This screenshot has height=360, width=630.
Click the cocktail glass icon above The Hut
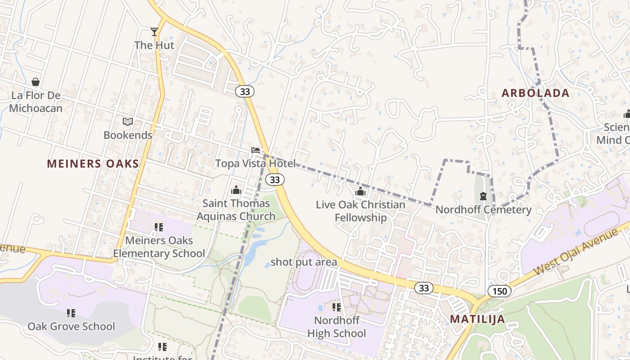click(154, 31)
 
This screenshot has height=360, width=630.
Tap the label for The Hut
click(154, 45)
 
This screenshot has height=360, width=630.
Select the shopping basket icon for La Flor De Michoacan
click(36, 82)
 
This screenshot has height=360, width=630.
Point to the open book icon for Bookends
click(128, 121)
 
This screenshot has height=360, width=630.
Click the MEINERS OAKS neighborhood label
click(93, 164)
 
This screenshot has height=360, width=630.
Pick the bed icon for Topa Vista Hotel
click(256, 150)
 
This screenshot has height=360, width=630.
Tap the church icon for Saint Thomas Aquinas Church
click(236, 190)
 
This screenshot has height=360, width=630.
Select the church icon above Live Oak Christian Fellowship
click(360, 192)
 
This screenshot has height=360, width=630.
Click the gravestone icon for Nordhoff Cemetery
click(483, 196)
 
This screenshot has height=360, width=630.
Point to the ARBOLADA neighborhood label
click(535, 93)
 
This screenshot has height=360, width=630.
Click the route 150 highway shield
click(499, 291)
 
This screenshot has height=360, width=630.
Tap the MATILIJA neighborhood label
click(477, 319)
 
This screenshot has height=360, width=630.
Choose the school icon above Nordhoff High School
click(336, 307)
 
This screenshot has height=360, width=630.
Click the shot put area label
click(304, 262)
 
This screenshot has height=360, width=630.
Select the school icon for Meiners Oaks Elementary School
click(158, 227)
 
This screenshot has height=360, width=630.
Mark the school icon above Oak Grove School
click(71, 313)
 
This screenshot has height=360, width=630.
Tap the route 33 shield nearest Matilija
click(423, 288)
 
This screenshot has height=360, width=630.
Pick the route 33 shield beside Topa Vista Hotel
click(274, 180)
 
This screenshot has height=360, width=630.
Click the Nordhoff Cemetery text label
click(483, 210)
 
